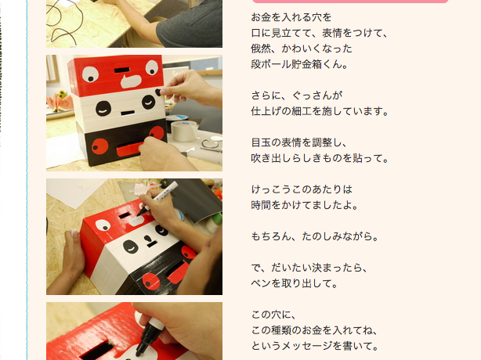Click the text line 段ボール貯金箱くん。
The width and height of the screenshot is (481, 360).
point(299,64)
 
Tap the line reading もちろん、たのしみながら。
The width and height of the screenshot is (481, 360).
point(315,236)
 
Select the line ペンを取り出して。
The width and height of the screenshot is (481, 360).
point(295,283)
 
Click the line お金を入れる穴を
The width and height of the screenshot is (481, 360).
point(291,17)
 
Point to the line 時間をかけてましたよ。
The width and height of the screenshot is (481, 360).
point(305,205)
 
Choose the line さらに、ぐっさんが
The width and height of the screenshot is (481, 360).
point(297,95)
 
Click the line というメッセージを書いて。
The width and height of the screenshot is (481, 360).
point(315,346)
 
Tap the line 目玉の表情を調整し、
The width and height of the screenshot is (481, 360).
point(299,142)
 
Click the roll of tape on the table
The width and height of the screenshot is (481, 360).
point(184,130)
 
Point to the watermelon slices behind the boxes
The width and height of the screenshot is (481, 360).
point(60,102)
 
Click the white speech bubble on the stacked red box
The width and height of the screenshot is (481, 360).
point(131,81)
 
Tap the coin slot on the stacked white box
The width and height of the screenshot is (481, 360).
point(128,113)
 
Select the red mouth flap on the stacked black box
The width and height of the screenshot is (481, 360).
point(129,149)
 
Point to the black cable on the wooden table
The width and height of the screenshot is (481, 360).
point(68,23)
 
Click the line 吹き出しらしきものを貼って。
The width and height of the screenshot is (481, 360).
point(320,158)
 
